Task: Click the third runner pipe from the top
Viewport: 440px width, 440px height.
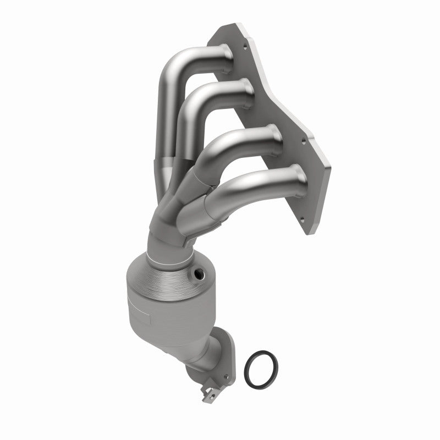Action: coord(242,140)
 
